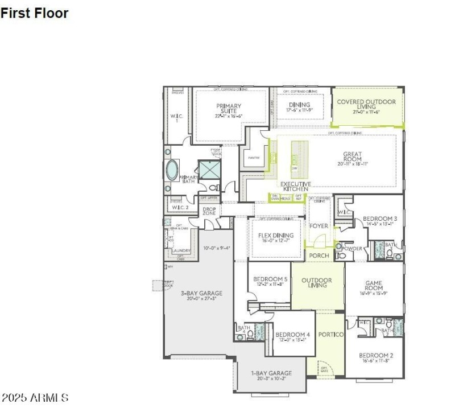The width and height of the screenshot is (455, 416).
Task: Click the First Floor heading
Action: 34,13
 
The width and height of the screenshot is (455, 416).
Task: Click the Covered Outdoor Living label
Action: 366,105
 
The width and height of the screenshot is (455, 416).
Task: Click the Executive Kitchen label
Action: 295,187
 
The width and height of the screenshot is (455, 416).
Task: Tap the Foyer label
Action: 318,226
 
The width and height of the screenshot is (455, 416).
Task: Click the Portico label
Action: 330,334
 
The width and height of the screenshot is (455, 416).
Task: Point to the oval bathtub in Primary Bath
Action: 172,170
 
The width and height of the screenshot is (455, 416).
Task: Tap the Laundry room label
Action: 181,250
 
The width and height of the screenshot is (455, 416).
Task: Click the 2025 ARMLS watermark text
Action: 35,398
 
